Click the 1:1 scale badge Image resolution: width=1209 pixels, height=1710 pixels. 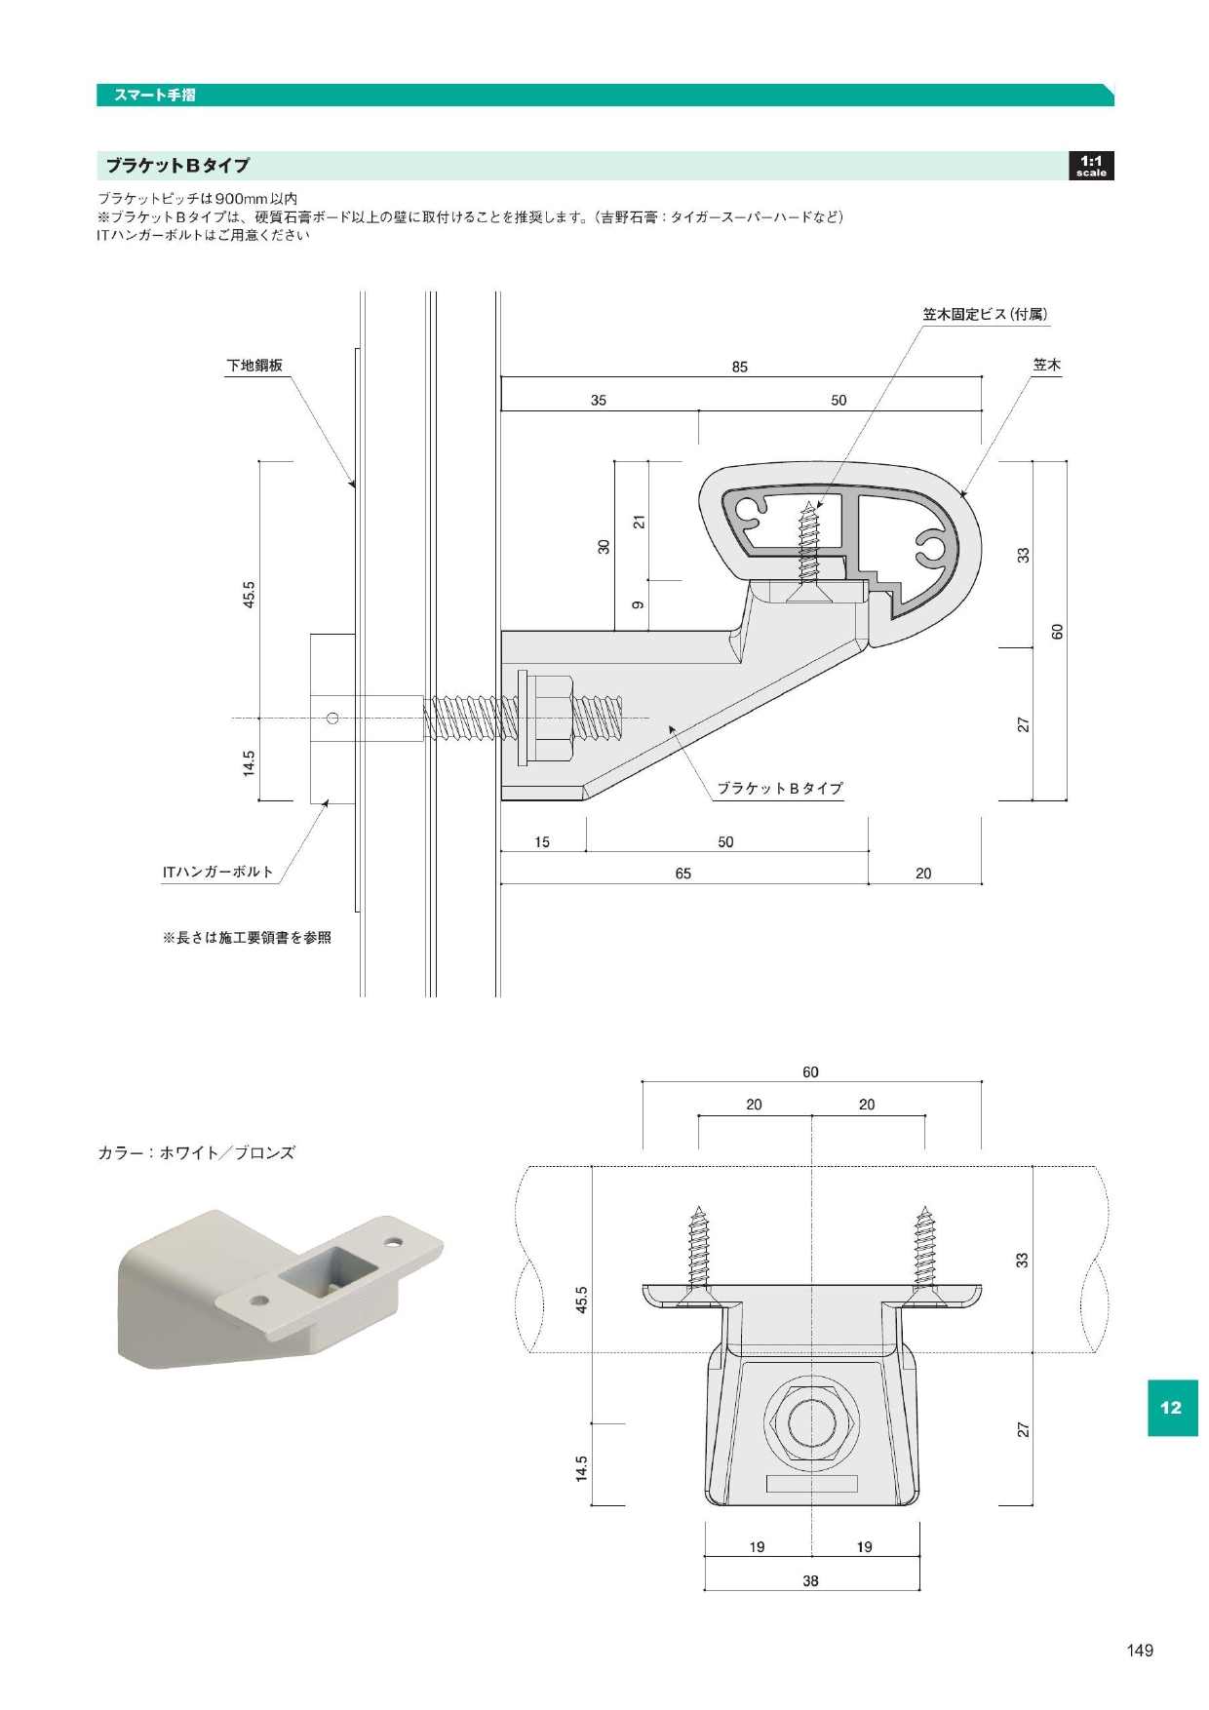(x=1090, y=166)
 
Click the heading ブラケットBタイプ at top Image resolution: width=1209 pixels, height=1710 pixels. (x=177, y=166)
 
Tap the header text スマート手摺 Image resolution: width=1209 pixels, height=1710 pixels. (x=154, y=95)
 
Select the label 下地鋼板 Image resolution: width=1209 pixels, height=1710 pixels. (x=254, y=366)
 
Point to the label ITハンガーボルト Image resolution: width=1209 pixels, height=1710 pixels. (x=217, y=872)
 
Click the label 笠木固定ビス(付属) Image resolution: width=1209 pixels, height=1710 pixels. (x=985, y=314)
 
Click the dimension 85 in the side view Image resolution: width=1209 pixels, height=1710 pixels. (x=739, y=368)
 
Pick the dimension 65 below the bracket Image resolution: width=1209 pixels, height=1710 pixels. (x=682, y=874)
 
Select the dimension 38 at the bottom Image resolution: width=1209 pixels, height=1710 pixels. (x=810, y=1580)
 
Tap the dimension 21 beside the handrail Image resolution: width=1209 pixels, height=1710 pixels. (x=639, y=522)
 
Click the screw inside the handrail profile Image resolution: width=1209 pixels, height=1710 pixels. (x=808, y=546)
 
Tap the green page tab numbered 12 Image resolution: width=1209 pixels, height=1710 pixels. (x=1171, y=1408)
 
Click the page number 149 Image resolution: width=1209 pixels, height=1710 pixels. (x=1139, y=1650)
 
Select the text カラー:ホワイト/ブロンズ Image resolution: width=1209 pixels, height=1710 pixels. (x=196, y=1152)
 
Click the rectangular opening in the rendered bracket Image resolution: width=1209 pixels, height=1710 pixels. (x=327, y=1271)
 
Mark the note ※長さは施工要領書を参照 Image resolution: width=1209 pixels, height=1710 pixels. (x=247, y=938)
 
